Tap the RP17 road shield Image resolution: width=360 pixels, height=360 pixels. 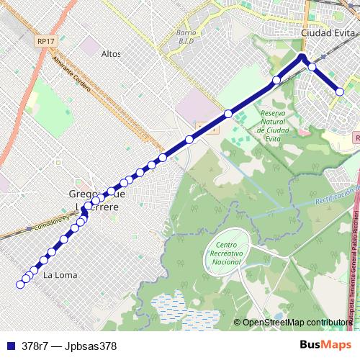pos(45,42)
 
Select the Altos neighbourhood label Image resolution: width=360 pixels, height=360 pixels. pos(111,54)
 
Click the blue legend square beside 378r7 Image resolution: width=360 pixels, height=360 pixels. pos(10,346)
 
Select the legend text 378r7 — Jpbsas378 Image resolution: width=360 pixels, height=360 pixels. pos(69,346)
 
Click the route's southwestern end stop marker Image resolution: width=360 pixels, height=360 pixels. pos(20,284)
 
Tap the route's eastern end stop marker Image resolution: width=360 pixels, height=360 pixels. pos(340,91)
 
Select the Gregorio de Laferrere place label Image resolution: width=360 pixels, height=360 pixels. pos(96,199)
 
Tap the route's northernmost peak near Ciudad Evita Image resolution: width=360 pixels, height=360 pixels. pos(302,55)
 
